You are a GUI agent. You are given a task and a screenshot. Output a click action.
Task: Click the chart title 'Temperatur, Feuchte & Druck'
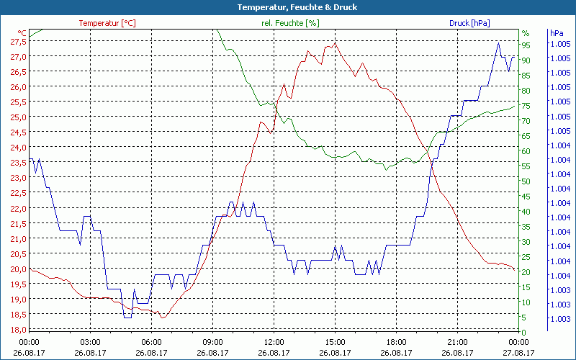point(287,7)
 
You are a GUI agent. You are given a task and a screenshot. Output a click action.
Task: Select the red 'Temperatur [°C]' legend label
point(107,23)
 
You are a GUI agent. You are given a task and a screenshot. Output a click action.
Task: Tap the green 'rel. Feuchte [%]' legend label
point(290,23)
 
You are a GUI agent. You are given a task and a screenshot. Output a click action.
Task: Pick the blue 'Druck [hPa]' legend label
point(469,23)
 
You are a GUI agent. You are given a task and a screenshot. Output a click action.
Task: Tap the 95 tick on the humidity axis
point(526,45)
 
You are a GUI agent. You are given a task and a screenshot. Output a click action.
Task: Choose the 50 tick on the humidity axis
point(526,181)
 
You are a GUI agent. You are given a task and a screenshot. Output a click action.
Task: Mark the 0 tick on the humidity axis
point(523,332)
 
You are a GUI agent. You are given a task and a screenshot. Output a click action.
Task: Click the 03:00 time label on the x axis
point(90,343)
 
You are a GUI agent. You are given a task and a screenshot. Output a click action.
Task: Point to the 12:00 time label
point(274,343)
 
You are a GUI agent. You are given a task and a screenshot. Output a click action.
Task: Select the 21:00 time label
point(457,343)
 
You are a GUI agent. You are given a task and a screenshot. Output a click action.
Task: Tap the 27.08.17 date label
point(518,353)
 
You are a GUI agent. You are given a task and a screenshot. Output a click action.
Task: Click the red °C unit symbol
point(22,33)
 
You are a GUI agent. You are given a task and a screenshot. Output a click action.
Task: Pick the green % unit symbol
point(525,33)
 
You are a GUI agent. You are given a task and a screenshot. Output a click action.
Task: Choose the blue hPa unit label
point(557,33)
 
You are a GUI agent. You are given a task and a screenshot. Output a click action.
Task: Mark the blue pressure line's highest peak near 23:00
point(498,42)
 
